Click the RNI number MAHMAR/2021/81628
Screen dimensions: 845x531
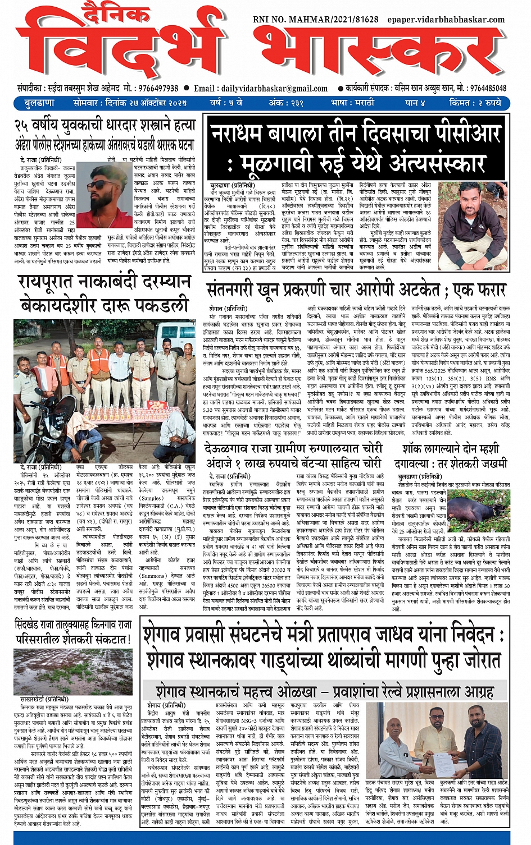coord(316,20)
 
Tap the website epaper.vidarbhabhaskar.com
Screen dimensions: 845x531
coord(446,20)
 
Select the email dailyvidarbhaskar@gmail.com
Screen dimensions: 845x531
coord(274,88)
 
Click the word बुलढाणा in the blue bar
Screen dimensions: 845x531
coord(39,103)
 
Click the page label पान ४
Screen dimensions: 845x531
coord(415,103)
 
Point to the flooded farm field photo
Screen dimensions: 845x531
coord(72,671)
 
